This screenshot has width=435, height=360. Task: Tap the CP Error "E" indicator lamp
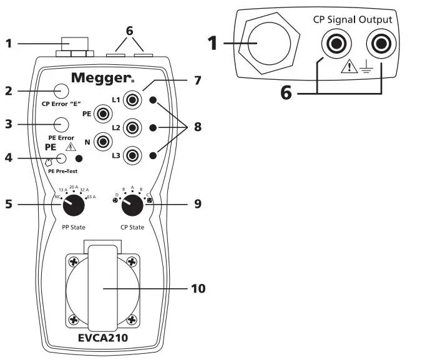pyautogui.click(x=61, y=91)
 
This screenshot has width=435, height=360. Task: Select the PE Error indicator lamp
pyautogui.click(x=61, y=124)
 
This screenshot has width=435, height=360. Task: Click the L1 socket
pyautogui.click(x=132, y=100)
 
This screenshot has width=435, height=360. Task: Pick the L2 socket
pyautogui.click(x=132, y=127)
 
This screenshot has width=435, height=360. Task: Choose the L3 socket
pyautogui.click(x=132, y=154)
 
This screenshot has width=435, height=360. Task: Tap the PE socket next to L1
pyautogui.click(x=102, y=114)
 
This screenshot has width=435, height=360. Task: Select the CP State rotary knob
pyautogui.click(x=131, y=203)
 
